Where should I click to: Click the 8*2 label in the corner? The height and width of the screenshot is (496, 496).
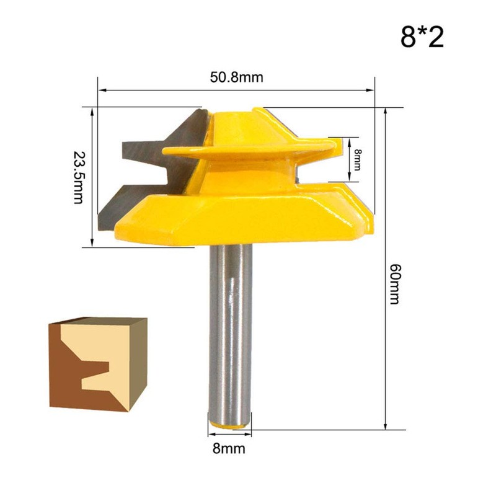click(x=422, y=37)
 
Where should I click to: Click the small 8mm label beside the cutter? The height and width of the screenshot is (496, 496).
click(x=358, y=159)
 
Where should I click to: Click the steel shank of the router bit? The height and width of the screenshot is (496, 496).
click(x=230, y=329)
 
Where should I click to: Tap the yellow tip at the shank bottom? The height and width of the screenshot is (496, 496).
click(x=230, y=422)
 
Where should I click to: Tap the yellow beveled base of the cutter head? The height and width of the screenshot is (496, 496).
click(x=248, y=214)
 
